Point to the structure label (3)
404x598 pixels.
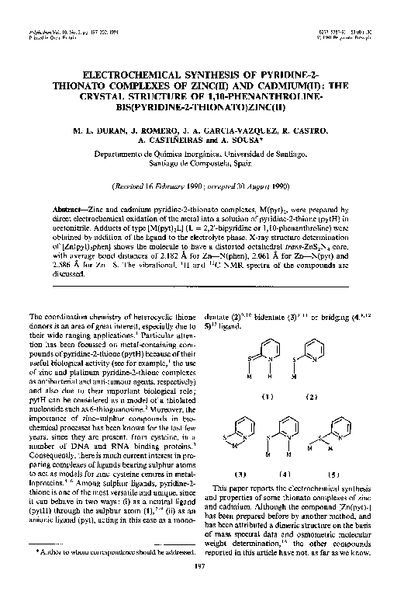pos(240,473)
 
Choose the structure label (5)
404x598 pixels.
pos(335,473)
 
